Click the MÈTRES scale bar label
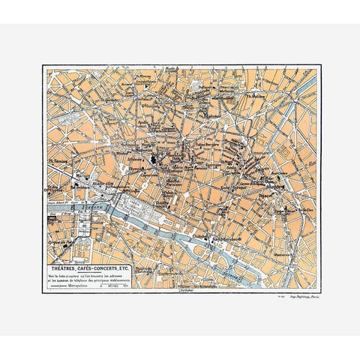[114, 285]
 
